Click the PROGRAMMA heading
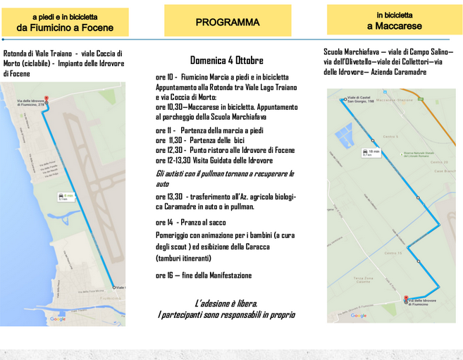(x=227, y=23)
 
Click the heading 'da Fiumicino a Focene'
(x=64, y=27)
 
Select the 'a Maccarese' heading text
(x=394, y=26)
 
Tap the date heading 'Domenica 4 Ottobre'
(x=226, y=60)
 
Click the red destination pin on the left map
(x=47, y=100)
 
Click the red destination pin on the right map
(x=407, y=299)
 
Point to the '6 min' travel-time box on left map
(x=67, y=197)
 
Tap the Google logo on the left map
(x=58, y=319)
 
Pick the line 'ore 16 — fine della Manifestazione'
(x=204, y=275)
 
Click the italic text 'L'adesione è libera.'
(x=226, y=303)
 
